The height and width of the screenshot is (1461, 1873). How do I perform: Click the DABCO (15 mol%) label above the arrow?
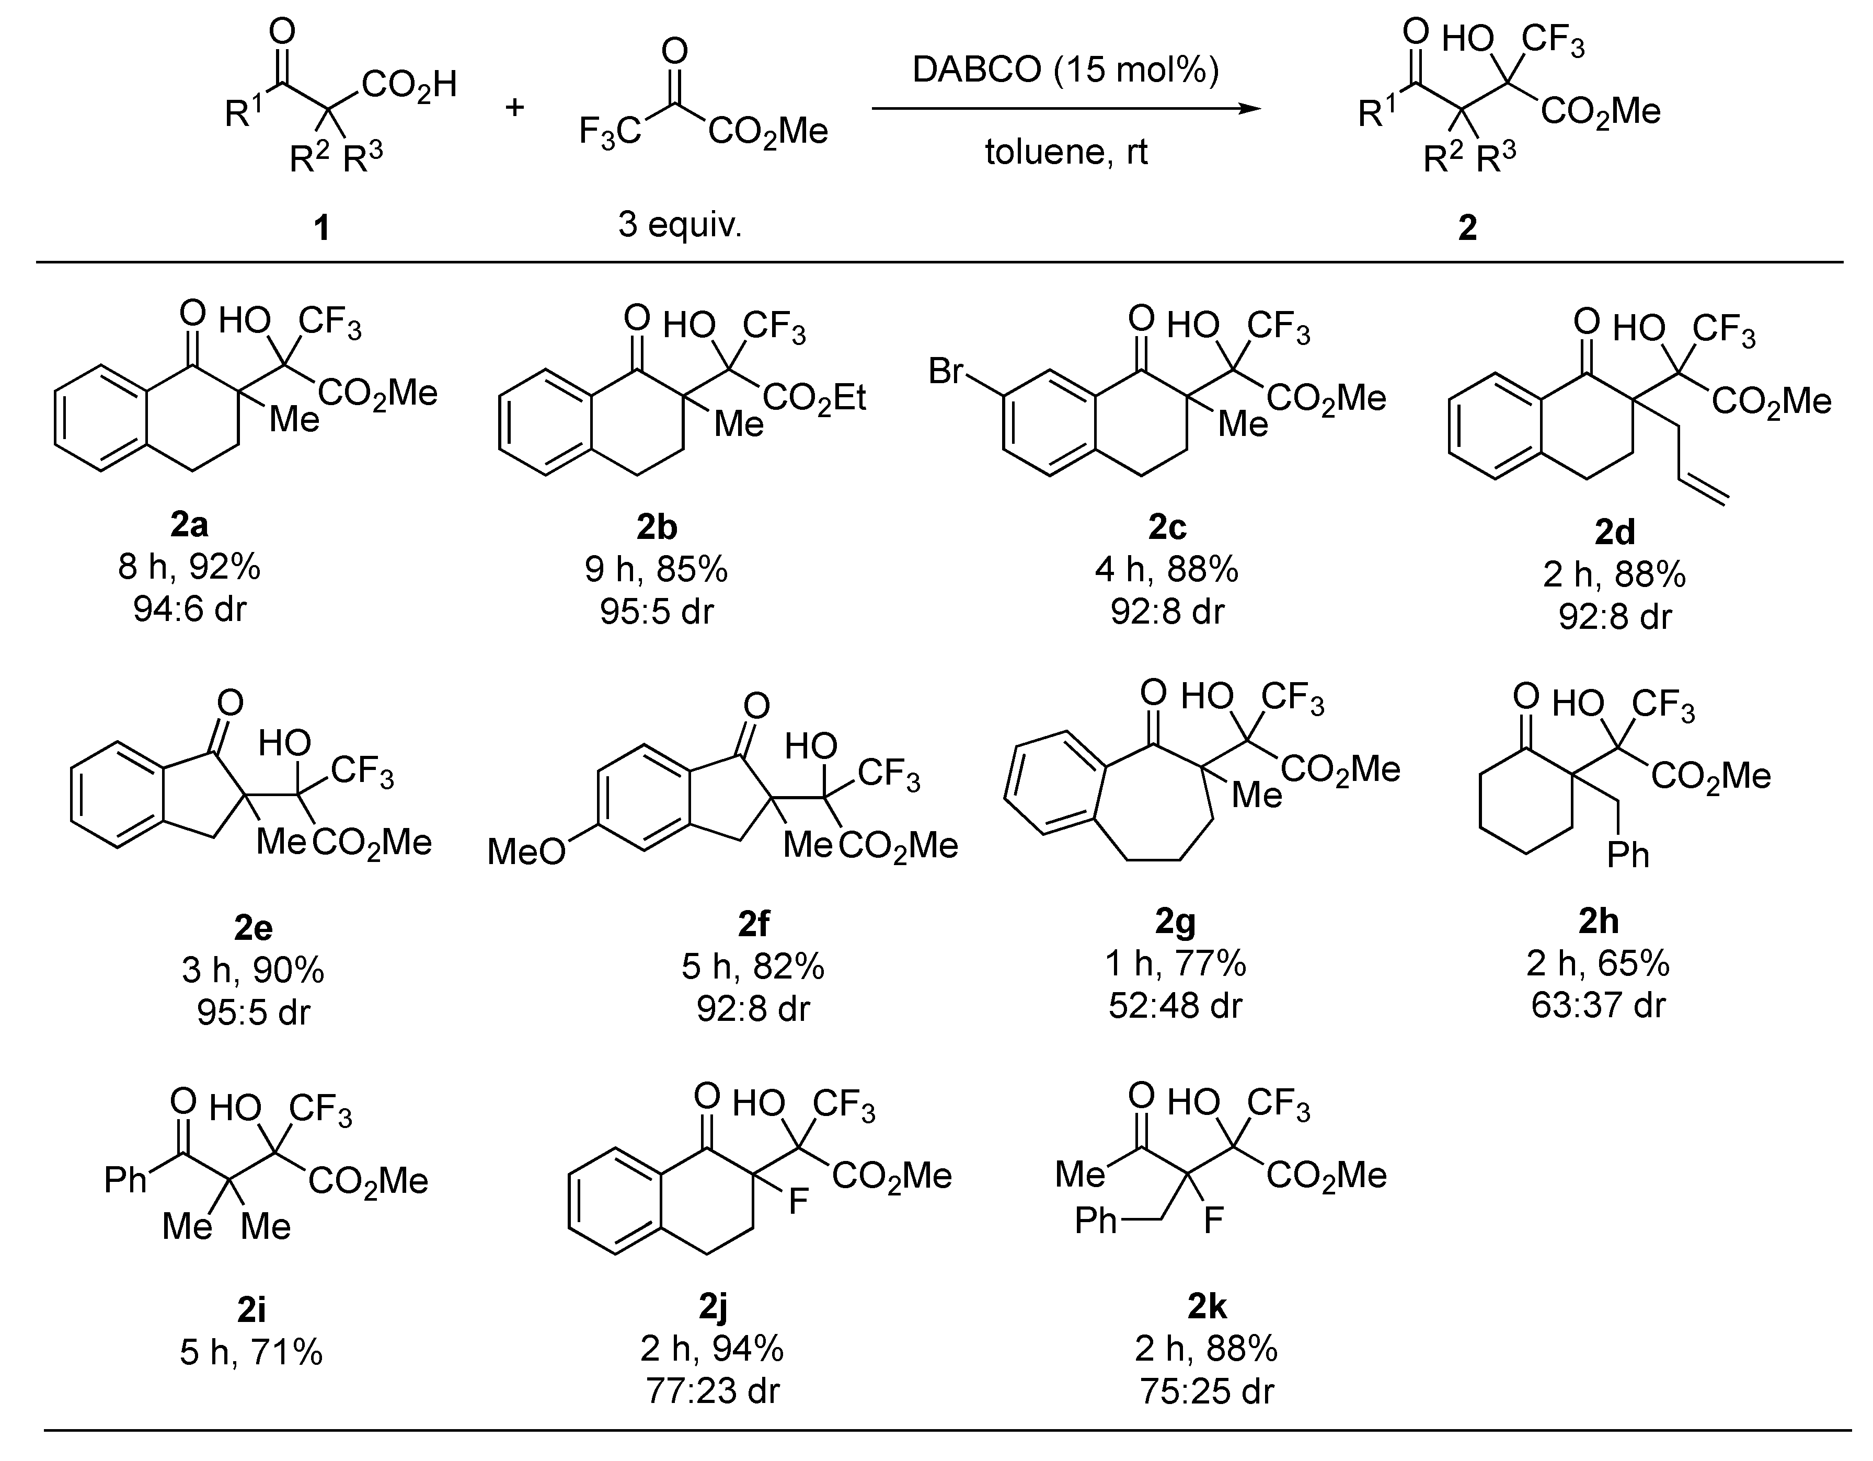pos(1065,70)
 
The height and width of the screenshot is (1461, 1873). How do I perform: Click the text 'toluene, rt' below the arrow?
pos(1065,153)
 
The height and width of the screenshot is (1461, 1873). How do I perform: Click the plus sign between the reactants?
pos(514,108)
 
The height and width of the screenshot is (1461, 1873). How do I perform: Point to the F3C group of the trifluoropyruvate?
pos(610,133)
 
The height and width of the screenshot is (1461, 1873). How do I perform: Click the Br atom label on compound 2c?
pos(947,371)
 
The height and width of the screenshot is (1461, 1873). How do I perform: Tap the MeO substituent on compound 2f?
pos(526,852)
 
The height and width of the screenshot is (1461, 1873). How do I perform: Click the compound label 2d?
pos(1614,533)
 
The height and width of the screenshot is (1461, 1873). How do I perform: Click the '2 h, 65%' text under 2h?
pos(1598,964)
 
